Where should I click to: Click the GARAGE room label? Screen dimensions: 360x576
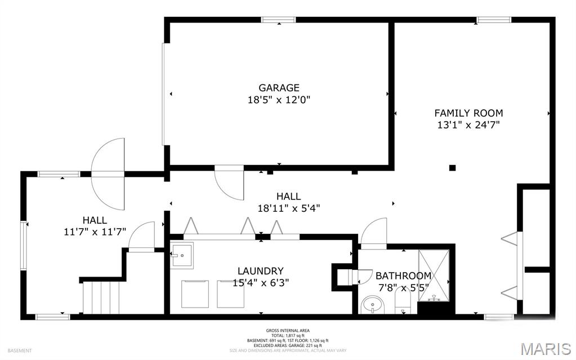(279, 88)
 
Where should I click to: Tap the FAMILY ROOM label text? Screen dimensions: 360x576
(468, 113)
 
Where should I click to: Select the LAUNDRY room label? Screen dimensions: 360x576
(260, 271)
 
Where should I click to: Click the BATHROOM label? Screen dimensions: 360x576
(403, 275)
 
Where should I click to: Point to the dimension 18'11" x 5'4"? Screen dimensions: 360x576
(288, 207)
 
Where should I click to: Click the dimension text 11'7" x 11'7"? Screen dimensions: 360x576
(95, 231)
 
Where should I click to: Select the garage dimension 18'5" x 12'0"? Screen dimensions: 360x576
(279, 100)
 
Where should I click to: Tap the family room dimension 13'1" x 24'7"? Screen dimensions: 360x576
(468, 125)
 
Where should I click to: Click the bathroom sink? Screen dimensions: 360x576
(371, 306)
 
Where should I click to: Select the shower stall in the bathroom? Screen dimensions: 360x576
(434, 274)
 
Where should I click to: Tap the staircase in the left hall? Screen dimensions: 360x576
(101, 297)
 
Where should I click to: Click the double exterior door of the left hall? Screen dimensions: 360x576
(108, 174)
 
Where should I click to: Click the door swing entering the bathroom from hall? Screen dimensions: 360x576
(373, 234)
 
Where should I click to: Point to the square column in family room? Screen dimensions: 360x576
(452, 167)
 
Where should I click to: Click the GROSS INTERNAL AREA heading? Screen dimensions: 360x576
(288, 331)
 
